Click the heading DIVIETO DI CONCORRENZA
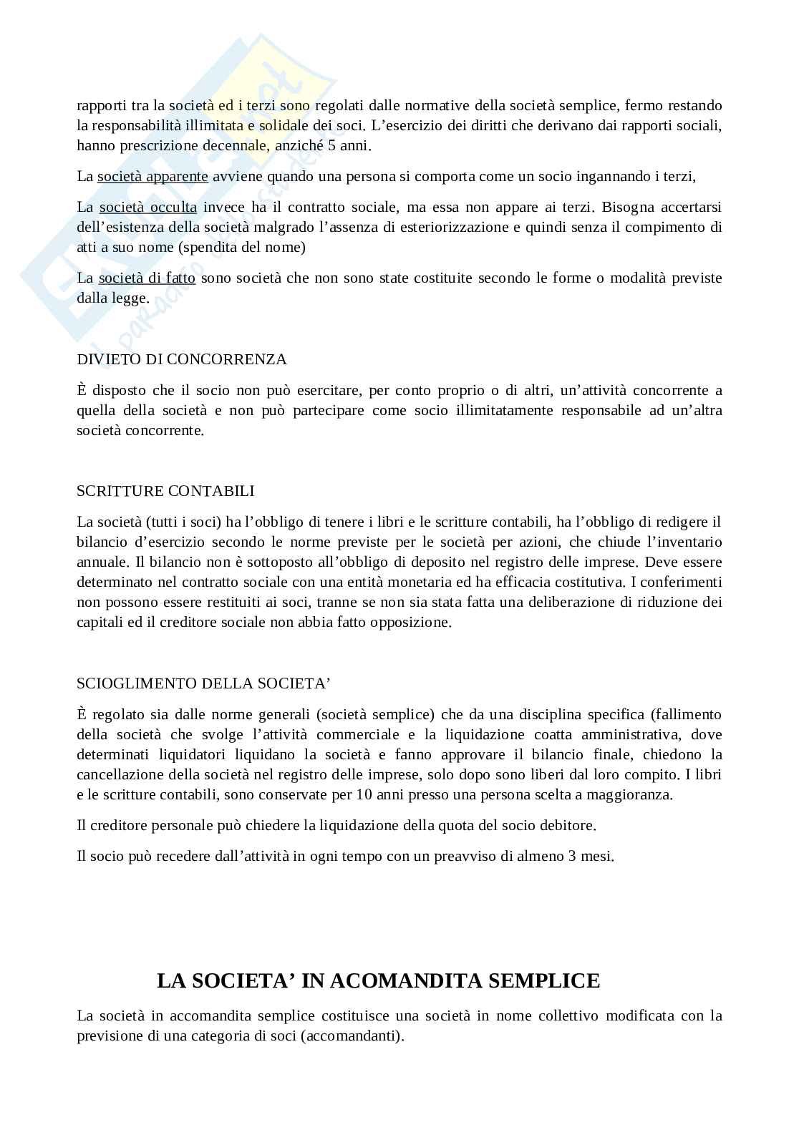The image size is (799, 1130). pyautogui.click(x=181, y=359)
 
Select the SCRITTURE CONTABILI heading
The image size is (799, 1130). pyautogui.click(x=165, y=491)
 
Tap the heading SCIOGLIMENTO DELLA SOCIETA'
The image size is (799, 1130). pyautogui.click(x=203, y=683)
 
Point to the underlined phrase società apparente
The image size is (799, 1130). pyautogui.click(x=152, y=176)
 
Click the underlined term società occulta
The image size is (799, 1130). pyautogui.click(x=147, y=208)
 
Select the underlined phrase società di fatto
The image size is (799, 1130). pyautogui.click(x=147, y=278)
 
